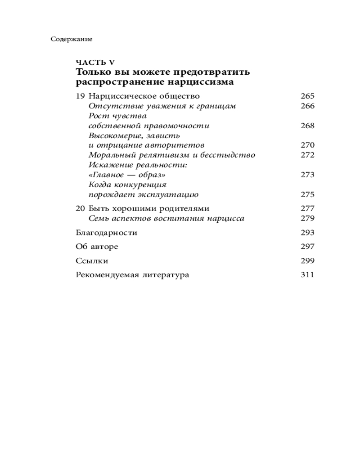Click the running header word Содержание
coord(72,39)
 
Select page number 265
coord(307,96)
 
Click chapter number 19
coord(81,96)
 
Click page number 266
coord(307,106)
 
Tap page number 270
coord(307,145)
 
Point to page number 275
coord(307,195)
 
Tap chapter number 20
coord(81,209)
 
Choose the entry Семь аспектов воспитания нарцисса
coord(166,219)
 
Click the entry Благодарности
coord(107,233)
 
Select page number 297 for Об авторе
coord(307,247)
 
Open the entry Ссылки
coord(92,261)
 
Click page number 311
coord(307,275)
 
